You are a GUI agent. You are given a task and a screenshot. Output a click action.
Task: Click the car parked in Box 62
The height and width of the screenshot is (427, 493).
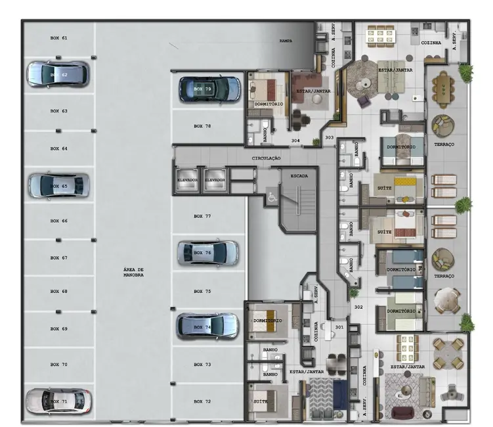(x=57, y=74)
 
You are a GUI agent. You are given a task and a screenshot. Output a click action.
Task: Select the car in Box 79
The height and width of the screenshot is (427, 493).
(x=210, y=89)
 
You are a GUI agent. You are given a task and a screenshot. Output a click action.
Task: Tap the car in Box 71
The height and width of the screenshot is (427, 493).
(x=58, y=401)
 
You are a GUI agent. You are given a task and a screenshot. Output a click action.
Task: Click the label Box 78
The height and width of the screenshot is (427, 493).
(x=202, y=125)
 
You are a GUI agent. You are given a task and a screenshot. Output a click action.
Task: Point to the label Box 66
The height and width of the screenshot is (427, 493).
(x=59, y=221)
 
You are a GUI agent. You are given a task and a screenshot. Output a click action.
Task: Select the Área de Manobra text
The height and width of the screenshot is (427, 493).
(x=133, y=273)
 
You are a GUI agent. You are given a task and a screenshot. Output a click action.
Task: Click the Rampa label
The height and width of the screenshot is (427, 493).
(x=286, y=41)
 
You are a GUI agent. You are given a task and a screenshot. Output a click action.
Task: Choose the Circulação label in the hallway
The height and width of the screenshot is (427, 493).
(x=267, y=158)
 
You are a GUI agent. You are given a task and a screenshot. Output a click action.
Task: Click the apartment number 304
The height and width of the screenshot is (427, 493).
(x=296, y=141)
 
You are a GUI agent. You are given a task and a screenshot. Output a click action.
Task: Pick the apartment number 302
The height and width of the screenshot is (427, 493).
(x=358, y=307)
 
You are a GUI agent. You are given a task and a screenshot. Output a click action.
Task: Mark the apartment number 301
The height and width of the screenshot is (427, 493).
(x=339, y=326)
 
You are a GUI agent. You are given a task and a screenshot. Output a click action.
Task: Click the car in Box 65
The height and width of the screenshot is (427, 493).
(x=58, y=186)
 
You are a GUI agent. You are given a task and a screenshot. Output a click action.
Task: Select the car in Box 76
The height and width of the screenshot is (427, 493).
(x=208, y=253)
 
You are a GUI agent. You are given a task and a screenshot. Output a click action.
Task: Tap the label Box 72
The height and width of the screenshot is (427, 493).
(x=202, y=401)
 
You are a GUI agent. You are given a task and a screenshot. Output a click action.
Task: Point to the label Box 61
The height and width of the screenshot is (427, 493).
(x=59, y=38)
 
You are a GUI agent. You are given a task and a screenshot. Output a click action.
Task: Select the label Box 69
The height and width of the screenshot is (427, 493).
(x=59, y=328)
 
